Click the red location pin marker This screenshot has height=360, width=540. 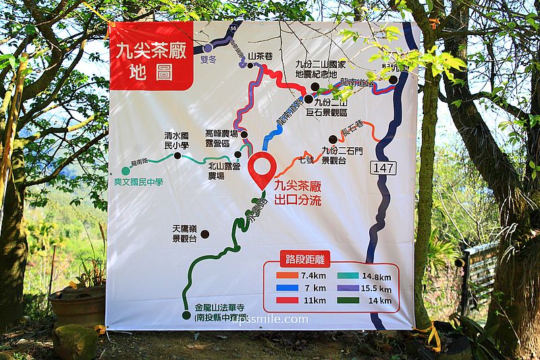tap(263, 170)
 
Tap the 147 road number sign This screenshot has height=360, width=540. tap(382, 168)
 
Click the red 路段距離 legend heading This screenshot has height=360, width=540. tap(305, 258)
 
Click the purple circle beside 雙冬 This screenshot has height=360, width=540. tap(208, 47)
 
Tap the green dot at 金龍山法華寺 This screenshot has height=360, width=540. tap(186, 315)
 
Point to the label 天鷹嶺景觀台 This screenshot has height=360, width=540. tap(184, 234)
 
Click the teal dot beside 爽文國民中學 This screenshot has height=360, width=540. tap(126, 171)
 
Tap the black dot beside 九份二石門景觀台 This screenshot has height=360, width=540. tap(332, 139)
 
